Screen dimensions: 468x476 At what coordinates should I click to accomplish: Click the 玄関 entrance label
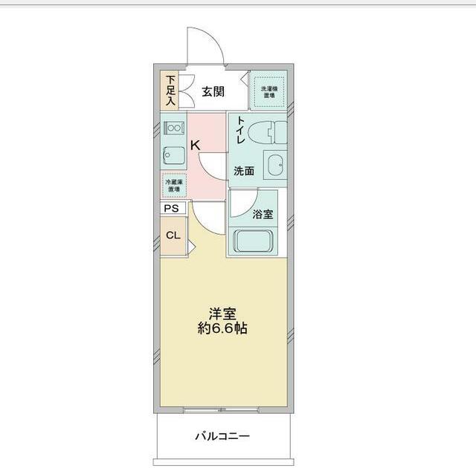pyautogui.click(x=213, y=92)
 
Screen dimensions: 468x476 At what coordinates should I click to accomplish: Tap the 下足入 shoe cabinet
pyautogui.click(x=171, y=90)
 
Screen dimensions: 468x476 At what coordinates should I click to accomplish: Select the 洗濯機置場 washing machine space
pyautogui.click(x=267, y=92)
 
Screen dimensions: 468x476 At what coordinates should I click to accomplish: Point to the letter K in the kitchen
pyautogui.click(x=194, y=146)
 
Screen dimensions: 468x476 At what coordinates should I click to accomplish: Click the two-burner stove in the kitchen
pyautogui.click(x=173, y=128)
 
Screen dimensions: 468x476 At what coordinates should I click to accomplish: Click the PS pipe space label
pyautogui.click(x=171, y=209)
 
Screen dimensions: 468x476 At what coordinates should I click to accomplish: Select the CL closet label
pyautogui.click(x=172, y=235)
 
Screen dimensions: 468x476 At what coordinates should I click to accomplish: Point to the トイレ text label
pyautogui.click(x=241, y=131)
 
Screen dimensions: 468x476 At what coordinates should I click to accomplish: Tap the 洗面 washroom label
pyautogui.click(x=244, y=171)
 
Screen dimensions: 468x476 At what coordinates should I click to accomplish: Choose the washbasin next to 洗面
pyautogui.click(x=274, y=166)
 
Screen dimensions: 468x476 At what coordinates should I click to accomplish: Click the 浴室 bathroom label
pyautogui.click(x=262, y=215)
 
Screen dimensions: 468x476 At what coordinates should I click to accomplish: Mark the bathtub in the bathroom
pyautogui.click(x=255, y=241)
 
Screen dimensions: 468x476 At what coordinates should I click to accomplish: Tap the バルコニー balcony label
pyautogui.click(x=222, y=436)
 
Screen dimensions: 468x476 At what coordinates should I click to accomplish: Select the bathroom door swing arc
pyautogui.click(x=242, y=204)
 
